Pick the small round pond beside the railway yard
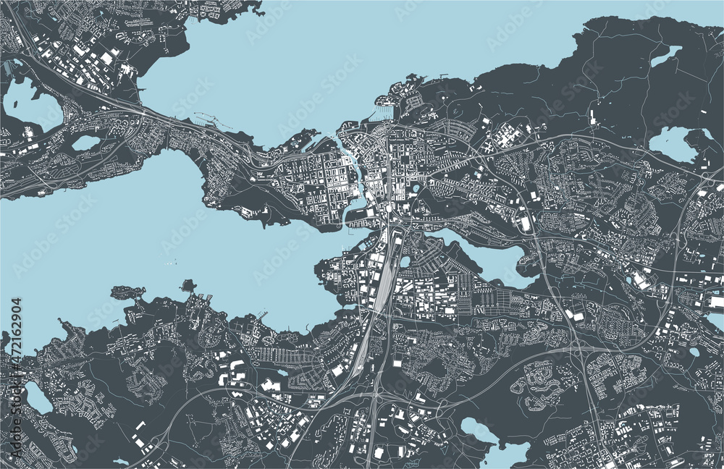pyautogui.click(x=405, y=261)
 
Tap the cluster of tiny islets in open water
pyautogui.click(x=171, y=263)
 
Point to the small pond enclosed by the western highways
pyautogui.click(x=85, y=143)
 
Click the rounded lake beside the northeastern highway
pyautogui.click(x=672, y=140)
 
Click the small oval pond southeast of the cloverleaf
pyautogui.click(x=694, y=352)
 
